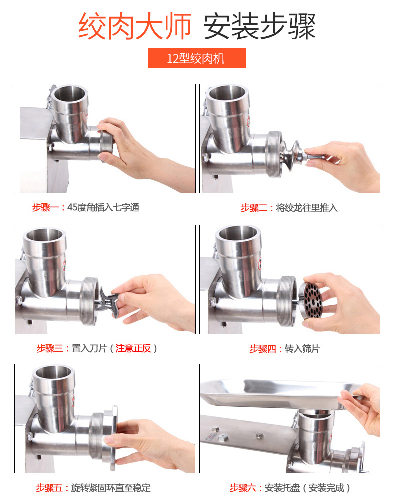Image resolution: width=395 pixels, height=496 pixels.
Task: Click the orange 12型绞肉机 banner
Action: tap(197, 58)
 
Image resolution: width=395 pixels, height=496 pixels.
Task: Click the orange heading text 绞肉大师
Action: tap(135, 26)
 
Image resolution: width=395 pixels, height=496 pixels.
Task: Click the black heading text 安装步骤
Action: tap(259, 26)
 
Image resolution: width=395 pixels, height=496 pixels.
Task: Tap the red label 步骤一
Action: tap(46, 208)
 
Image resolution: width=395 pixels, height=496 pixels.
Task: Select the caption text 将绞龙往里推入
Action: tap(307, 208)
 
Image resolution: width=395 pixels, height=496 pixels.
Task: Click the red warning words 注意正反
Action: tap(133, 348)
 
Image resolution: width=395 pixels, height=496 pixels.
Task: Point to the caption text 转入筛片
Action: tap(302, 349)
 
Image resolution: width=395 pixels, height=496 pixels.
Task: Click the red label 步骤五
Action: tap(49, 488)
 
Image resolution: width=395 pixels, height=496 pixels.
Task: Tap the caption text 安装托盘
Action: tap(282, 488)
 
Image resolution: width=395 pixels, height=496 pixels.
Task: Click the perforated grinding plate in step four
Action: tap(311, 300)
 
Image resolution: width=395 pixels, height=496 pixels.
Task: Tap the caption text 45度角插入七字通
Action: tap(103, 208)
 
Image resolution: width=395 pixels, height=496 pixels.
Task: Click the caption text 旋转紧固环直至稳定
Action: tap(110, 488)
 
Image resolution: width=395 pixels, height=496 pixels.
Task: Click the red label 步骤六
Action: tap(243, 488)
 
